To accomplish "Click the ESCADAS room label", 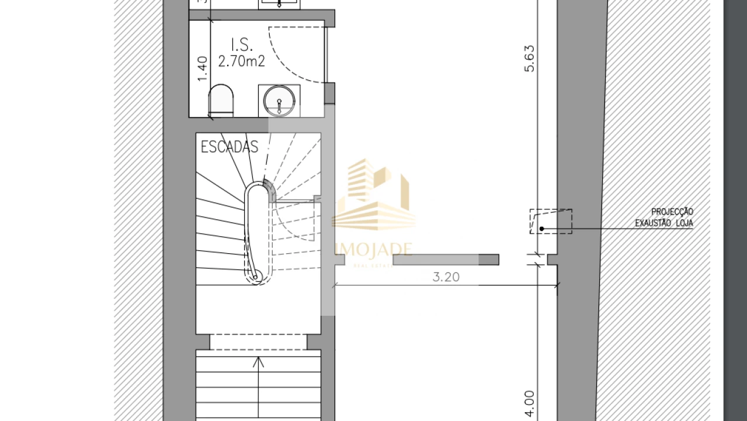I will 229,147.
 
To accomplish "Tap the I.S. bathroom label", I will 242,44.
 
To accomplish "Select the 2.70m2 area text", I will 241,61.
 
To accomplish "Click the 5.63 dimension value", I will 529,58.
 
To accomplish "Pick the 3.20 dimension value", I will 446,277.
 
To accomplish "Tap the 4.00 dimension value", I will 529,404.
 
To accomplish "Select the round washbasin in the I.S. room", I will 279,101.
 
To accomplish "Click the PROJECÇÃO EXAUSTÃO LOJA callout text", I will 664,217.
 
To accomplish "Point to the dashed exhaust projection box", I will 551,222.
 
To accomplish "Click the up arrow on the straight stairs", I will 258,363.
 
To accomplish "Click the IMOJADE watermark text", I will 374,250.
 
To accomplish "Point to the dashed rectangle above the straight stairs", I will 258,342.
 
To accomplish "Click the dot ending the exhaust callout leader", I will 541,228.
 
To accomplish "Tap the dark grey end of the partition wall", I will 488,260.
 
